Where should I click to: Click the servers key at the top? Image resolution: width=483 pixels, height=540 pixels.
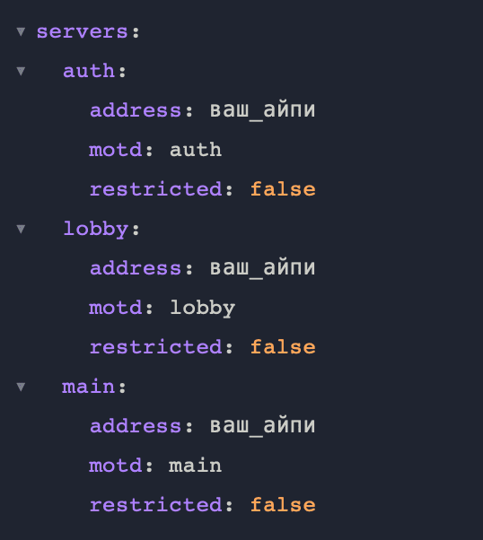click(x=83, y=32)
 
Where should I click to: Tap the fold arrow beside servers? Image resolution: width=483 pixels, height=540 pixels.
click(x=21, y=32)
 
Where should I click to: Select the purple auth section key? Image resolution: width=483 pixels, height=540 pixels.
click(x=89, y=71)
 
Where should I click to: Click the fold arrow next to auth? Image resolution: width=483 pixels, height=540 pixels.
click(x=21, y=71)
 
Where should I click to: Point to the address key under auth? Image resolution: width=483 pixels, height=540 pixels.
click(x=136, y=110)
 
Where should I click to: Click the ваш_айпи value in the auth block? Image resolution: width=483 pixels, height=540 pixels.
click(x=262, y=111)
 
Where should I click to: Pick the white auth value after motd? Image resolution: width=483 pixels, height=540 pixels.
click(x=196, y=150)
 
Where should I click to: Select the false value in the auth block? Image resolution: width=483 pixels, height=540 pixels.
click(x=283, y=189)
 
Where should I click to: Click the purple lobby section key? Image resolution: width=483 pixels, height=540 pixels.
click(x=96, y=230)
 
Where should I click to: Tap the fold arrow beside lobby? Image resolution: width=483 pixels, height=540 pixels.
click(x=21, y=229)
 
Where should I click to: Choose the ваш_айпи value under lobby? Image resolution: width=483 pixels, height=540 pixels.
click(x=262, y=268)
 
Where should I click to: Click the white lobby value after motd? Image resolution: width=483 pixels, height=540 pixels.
click(x=202, y=309)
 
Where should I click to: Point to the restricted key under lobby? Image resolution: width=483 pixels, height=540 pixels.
click(x=155, y=347)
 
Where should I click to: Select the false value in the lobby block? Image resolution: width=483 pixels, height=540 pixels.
click(x=283, y=347)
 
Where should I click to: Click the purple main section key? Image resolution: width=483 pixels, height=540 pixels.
click(x=88, y=387)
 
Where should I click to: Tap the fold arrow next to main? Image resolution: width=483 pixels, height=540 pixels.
click(x=21, y=387)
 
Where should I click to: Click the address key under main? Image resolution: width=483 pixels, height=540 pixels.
click(x=136, y=426)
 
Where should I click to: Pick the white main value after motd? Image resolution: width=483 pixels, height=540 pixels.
click(x=195, y=466)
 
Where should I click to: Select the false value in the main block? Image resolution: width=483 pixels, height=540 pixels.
click(x=283, y=504)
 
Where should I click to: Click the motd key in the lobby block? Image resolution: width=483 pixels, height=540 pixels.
click(x=115, y=308)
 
